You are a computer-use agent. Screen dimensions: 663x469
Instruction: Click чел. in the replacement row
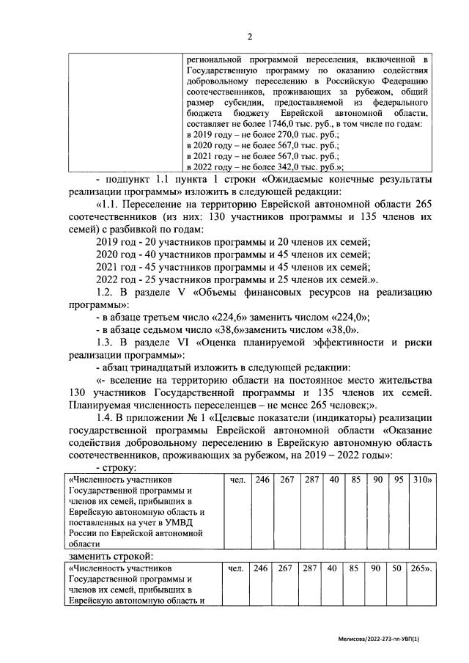coord(235,568)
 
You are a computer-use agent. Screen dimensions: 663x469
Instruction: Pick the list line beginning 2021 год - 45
coord(233,266)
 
